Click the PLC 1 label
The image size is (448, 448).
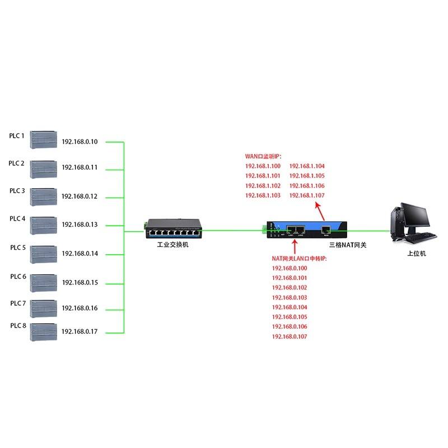(17, 136)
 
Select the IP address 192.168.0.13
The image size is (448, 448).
(80, 225)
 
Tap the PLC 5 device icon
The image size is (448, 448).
(44, 254)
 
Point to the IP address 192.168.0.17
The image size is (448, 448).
(80, 332)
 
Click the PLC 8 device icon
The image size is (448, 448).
(44, 332)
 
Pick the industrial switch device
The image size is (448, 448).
(174, 228)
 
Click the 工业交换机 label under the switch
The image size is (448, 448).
(173, 245)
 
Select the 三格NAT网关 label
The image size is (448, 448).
(348, 245)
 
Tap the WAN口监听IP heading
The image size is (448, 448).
(263, 156)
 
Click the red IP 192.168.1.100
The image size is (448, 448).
(263, 166)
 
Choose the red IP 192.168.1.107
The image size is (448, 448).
(307, 195)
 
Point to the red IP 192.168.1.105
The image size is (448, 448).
(307, 176)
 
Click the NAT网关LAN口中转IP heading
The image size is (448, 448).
(299, 259)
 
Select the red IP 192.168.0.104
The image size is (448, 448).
(290, 307)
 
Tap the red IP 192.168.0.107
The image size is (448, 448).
(290, 337)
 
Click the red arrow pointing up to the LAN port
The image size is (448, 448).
(295, 246)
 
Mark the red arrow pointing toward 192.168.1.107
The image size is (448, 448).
(320, 212)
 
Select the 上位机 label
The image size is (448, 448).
(417, 254)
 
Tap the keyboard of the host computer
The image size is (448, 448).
(421, 237)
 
